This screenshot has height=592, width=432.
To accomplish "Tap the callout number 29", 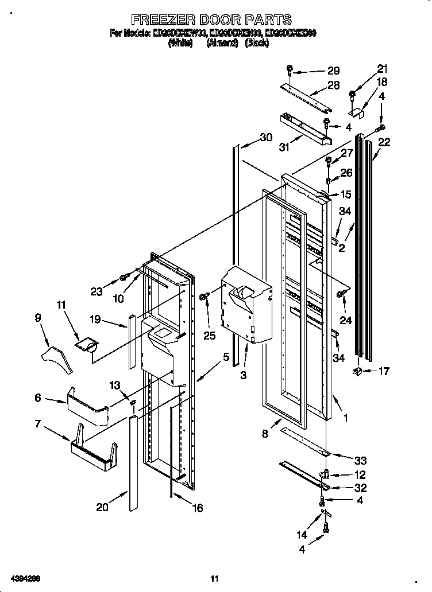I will (x=333, y=71).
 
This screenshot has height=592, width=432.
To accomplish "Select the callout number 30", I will (x=266, y=137).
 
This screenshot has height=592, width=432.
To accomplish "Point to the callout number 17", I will (x=383, y=371).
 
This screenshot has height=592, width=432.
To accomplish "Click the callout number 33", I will (x=360, y=460).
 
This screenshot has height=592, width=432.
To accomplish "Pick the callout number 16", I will (x=196, y=508).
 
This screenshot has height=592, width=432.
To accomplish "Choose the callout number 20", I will (x=103, y=507).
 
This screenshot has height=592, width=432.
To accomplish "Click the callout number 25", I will (x=210, y=336).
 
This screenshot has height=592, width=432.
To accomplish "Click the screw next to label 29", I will (x=290, y=71).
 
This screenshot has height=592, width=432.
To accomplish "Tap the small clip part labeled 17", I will (x=357, y=372).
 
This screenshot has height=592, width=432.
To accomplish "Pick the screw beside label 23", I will (x=122, y=278).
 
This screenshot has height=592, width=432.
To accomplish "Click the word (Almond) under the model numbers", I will (x=222, y=42).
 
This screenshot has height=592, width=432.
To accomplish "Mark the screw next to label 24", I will (x=343, y=294).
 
